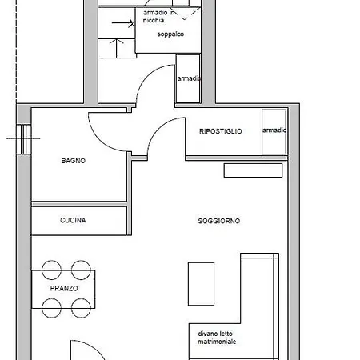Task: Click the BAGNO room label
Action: [x=73, y=161]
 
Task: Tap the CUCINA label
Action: [x=73, y=220]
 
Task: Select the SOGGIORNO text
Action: [x=219, y=221]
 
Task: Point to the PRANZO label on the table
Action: [x=64, y=289]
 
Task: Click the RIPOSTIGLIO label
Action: [x=220, y=131]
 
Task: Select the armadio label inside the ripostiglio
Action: [x=274, y=131]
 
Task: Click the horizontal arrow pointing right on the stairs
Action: [x=122, y=23]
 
